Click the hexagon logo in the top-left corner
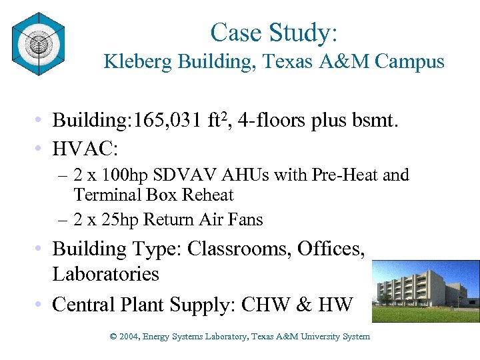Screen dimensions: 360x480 point(38,44)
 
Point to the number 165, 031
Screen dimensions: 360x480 point(160,121)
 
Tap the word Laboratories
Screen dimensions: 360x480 point(106,274)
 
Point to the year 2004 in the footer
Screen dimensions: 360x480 point(129,337)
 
